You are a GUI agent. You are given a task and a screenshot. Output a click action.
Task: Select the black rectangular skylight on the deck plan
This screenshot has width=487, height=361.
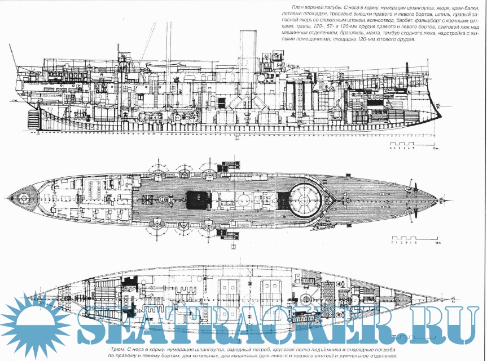[x=199, y=198]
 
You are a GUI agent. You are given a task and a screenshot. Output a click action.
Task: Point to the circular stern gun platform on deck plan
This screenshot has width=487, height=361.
[x=24, y=198]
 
